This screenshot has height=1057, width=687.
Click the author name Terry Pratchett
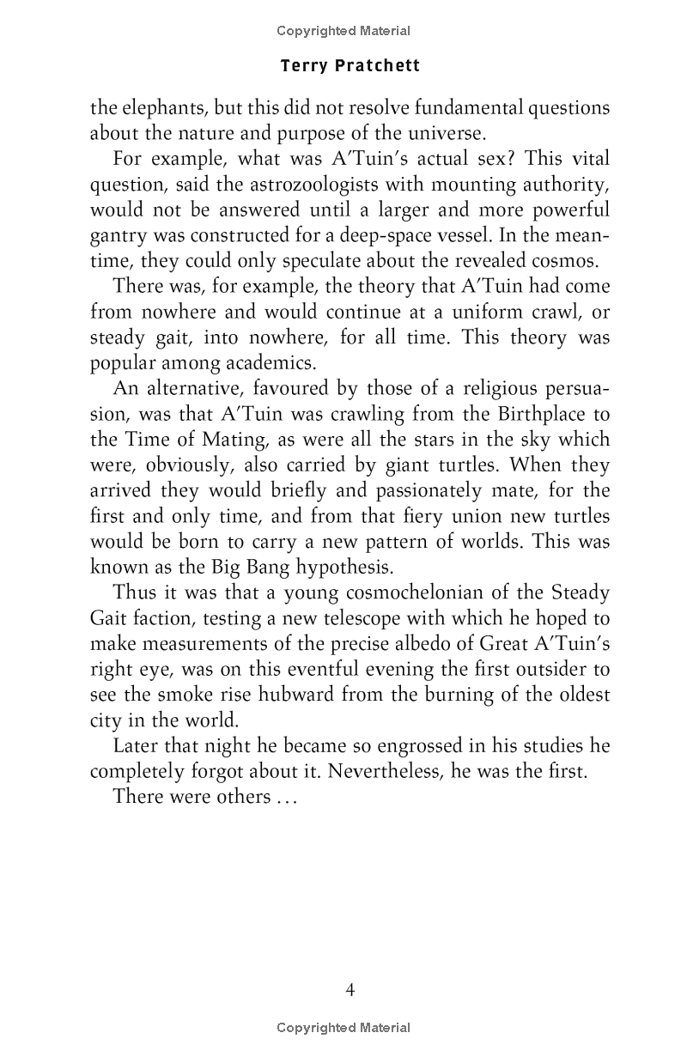pyautogui.click(x=350, y=66)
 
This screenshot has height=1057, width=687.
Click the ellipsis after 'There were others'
pyautogui.click(x=283, y=798)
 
